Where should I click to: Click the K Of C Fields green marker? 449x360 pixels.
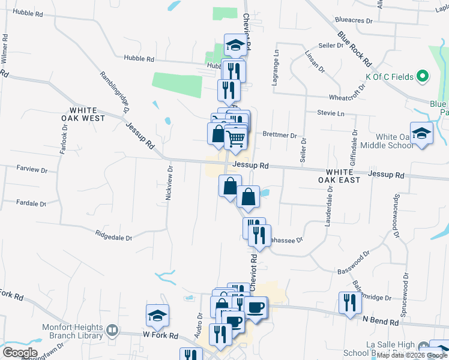point(423,76)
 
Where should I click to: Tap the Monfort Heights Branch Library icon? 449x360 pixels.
point(112,330)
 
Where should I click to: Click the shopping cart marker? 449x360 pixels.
point(235,138)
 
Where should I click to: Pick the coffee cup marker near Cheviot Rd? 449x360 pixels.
point(256,308)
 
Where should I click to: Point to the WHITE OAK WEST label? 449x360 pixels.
point(88,114)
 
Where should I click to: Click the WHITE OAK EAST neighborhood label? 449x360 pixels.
point(343,176)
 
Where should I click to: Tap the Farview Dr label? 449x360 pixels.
point(32,170)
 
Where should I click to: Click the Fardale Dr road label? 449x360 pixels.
point(31,203)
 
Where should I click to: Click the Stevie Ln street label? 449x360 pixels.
point(331,113)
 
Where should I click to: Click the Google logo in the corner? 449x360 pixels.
point(20,352)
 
